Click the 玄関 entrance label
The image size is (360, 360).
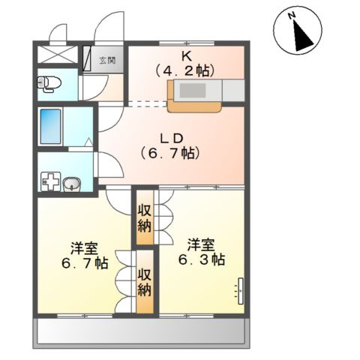[x=107, y=61]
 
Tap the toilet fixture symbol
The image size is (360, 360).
[x=49, y=83]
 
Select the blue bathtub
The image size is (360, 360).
[x=51, y=127]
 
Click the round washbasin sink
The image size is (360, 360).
[x=71, y=184]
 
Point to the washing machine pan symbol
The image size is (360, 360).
[x=50, y=181]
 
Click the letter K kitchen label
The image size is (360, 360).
[x=187, y=57]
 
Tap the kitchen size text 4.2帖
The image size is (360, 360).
[x=185, y=71]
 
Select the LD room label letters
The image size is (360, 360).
[x=172, y=138]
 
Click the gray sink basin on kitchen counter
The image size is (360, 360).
[x=192, y=91]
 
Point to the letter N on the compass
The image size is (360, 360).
[x=291, y=16]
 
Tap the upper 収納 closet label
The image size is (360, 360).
[x=145, y=219]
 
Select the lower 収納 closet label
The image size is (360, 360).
[x=145, y=283]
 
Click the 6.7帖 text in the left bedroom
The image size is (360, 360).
[x=85, y=263]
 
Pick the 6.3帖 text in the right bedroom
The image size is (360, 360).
[x=202, y=259]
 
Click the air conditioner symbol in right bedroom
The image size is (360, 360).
[x=240, y=291]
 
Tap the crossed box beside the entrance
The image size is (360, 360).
[x=57, y=54]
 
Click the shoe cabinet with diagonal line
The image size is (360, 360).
[x=86, y=58]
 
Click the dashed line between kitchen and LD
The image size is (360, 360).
[x=148, y=104]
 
